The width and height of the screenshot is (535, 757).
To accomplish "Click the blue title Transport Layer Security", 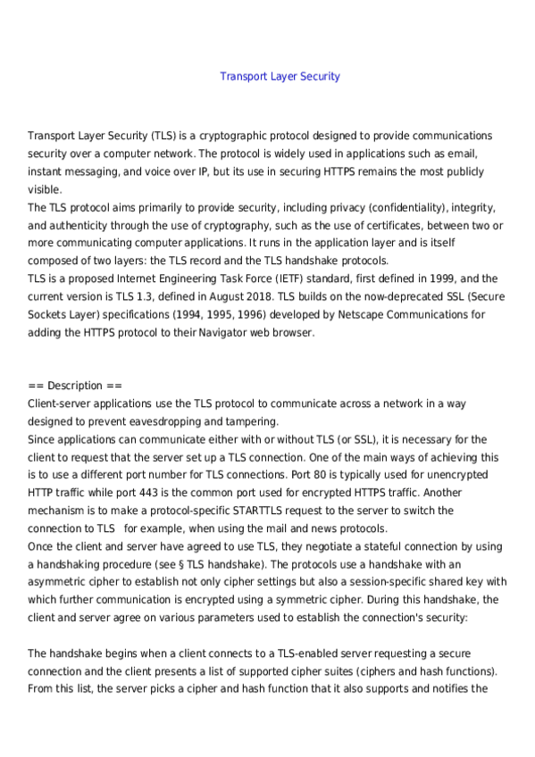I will click(280, 77).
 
